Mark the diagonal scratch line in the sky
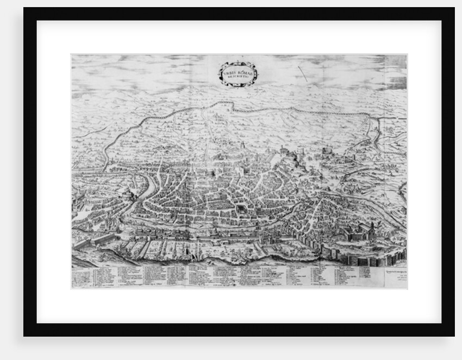pyautogui.click(x=302, y=74)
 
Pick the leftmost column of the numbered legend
pyautogui.click(x=82, y=277)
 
